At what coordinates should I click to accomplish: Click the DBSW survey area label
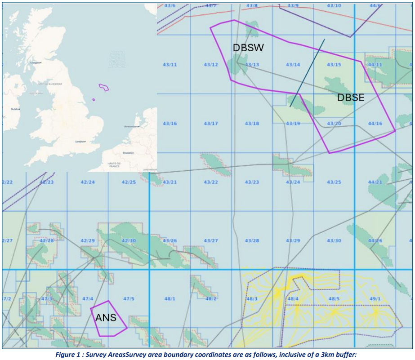pos(248,48)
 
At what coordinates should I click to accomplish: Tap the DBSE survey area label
pos(351,98)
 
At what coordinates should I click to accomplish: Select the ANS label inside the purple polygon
pos(106,318)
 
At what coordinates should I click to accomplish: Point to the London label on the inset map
pos(80,142)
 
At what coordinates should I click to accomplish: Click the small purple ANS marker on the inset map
pos(94,99)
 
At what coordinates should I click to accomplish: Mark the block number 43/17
pos(211,124)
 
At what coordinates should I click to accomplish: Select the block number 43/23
pos(252,182)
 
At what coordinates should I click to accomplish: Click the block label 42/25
pos(129,182)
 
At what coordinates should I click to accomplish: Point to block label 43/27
pos(211,241)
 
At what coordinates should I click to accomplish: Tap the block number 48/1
pos(170,299)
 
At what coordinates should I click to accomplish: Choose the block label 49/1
pos(375,299)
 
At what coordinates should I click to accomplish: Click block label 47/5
pos(129,299)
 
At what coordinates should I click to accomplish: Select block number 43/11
pos(170,65)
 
